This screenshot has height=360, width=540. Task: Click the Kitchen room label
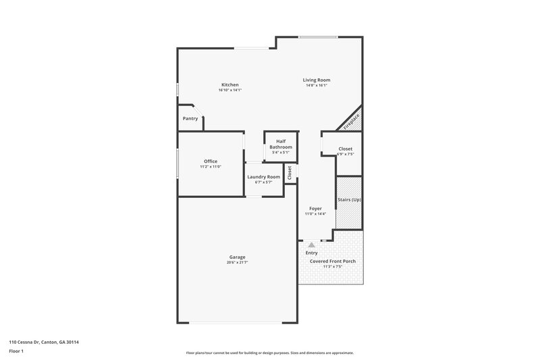pyautogui.click(x=230, y=84)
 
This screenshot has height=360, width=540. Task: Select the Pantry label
pyautogui.click(x=190, y=119)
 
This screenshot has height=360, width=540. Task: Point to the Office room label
pyautogui.click(x=211, y=161)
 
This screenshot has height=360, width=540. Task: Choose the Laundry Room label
pyautogui.click(x=263, y=176)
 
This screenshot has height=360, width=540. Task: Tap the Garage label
pyautogui.click(x=237, y=257)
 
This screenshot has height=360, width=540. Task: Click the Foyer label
pyautogui.click(x=315, y=208)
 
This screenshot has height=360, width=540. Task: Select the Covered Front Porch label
pyautogui.click(x=332, y=261)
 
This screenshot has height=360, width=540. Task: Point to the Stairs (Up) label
pyautogui.click(x=349, y=199)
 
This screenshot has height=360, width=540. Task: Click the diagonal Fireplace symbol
pyautogui.click(x=350, y=120)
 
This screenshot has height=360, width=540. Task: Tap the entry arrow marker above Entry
pyautogui.click(x=311, y=245)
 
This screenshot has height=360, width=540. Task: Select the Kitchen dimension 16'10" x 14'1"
pyautogui.click(x=230, y=90)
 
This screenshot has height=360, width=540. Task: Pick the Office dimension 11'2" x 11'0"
pyautogui.click(x=211, y=166)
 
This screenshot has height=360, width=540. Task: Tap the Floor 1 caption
pyautogui.click(x=17, y=351)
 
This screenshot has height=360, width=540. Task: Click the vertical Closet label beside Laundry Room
pyautogui.click(x=290, y=172)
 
